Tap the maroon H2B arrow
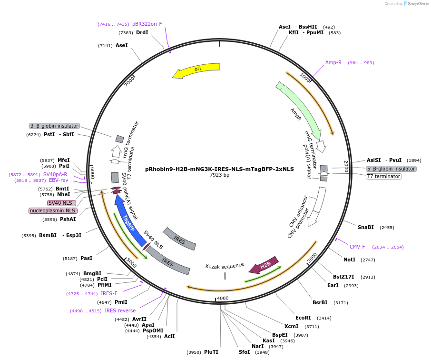click(x=264, y=267)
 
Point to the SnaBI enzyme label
click(x=366, y=228)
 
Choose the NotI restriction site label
click(x=349, y=260)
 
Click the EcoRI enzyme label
click(x=303, y=318)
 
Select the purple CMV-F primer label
click(x=357, y=247)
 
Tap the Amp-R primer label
click(x=333, y=63)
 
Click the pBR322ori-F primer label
click(x=147, y=24)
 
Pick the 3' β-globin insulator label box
click(x=54, y=126)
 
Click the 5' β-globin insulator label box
click(x=391, y=169)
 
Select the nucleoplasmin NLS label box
click(x=52, y=210)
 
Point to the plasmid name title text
click(x=219, y=169)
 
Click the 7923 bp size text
click(x=219, y=175)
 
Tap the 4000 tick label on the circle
click(x=223, y=299)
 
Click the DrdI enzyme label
click(x=142, y=32)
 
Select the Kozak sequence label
click(x=225, y=265)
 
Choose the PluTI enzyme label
click(x=211, y=352)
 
